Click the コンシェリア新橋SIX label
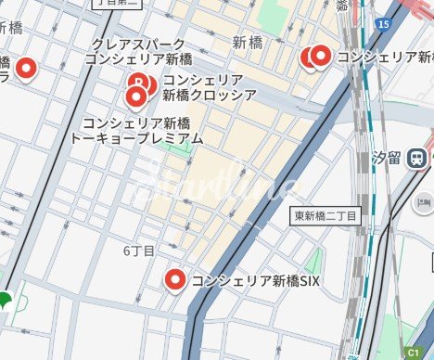255,281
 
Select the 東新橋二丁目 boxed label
325,215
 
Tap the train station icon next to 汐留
419,156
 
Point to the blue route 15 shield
384,23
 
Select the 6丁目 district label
138,251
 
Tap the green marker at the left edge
5,301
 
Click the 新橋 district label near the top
248,42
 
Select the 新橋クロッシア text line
197,95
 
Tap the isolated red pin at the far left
27,68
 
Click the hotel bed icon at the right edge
425,201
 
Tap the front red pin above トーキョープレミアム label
137,96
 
